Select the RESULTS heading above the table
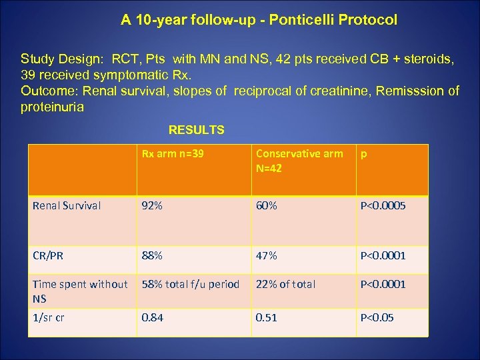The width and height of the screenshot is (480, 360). point(197,130)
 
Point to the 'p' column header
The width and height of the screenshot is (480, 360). point(363,153)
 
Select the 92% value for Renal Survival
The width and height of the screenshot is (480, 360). point(151,205)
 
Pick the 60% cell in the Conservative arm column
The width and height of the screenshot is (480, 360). point(267,205)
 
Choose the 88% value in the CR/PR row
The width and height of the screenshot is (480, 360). point(151,255)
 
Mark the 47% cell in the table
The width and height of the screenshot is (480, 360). point(267,255)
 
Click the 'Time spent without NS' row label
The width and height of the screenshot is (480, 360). point(79,291)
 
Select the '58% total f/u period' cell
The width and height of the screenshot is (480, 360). point(189,284)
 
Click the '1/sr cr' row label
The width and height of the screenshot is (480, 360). point(49,317)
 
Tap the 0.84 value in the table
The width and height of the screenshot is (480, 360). point(151,317)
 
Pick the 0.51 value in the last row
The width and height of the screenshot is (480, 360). point(267,317)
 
